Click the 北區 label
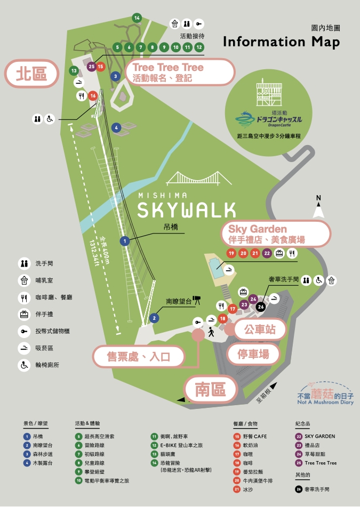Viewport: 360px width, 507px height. coord(31,74)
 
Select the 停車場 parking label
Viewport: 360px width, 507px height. coord(253,353)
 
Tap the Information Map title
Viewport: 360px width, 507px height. coord(281,42)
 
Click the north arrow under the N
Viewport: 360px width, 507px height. coord(319,211)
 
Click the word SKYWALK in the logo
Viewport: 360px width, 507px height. coord(187,210)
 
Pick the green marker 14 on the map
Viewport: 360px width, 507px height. coord(137,18)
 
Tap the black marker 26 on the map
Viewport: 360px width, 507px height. coord(260,306)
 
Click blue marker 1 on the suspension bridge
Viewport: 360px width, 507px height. coord(125,241)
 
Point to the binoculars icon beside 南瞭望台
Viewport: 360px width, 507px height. coord(196,301)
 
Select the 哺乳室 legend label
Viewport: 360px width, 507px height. coord(44,280)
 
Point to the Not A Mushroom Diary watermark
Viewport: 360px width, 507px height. coord(325,397)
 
